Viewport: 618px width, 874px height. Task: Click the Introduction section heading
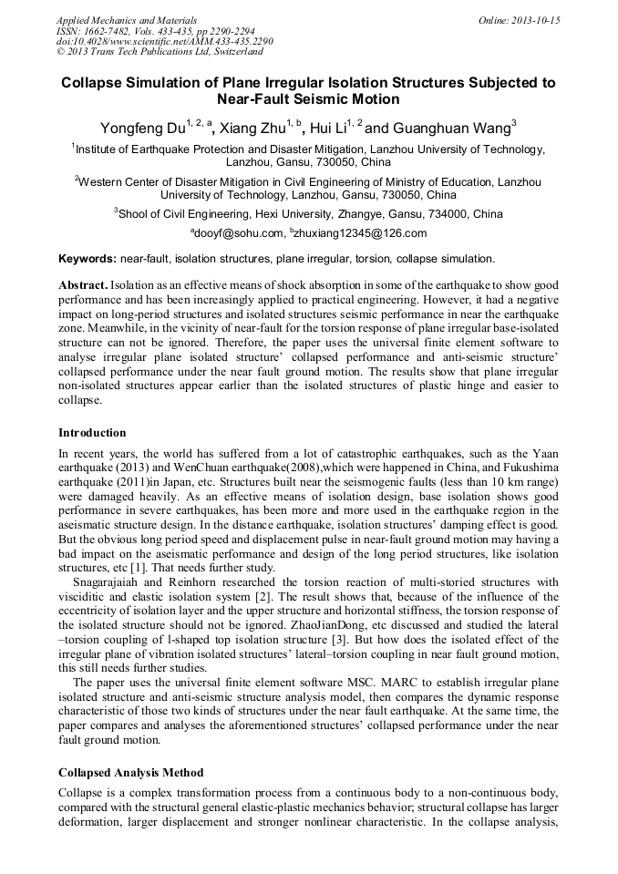click(92, 432)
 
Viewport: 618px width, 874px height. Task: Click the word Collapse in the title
click(93, 82)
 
